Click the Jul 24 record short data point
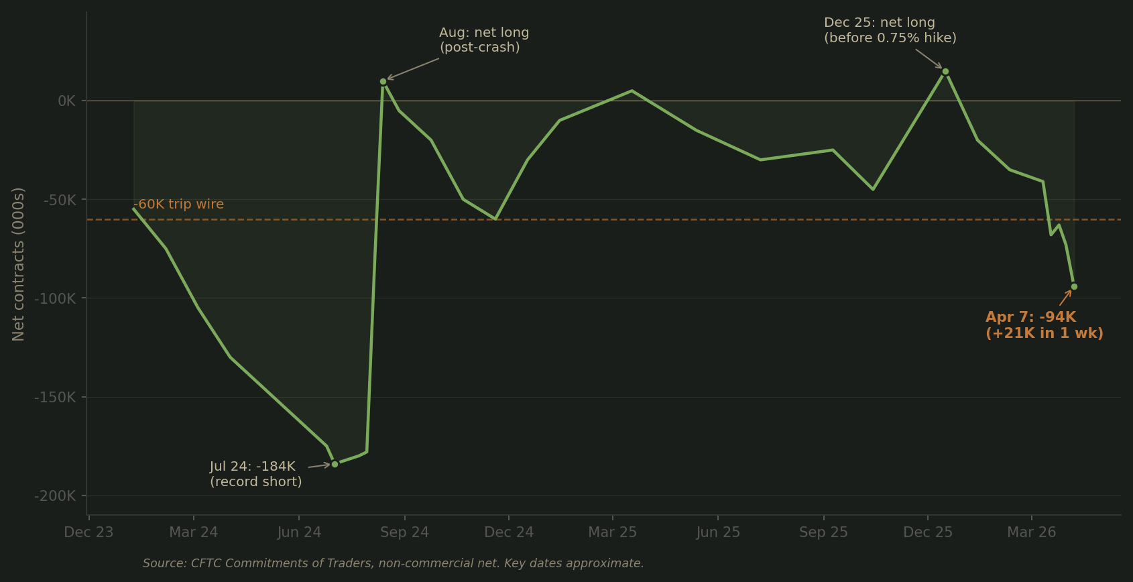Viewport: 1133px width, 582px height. [x=335, y=464]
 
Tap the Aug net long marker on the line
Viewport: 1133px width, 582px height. [x=383, y=82]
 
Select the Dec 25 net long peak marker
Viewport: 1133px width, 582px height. [x=945, y=72]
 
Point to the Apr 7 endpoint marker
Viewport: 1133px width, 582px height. [x=1074, y=287]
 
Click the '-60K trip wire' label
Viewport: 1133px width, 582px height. [x=179, y=205]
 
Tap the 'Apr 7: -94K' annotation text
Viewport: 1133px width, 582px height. [x=1030, y=317]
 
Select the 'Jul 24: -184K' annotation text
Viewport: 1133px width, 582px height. [x=252, y=467]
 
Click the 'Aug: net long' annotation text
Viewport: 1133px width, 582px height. [x=484, y=33]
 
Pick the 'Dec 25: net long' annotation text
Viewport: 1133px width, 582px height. [x=879, y=23]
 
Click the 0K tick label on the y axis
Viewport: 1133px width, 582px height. [x=67, y=101]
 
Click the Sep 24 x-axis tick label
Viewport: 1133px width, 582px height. [x=404, y=532]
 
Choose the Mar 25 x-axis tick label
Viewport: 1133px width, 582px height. [x=612, y=532]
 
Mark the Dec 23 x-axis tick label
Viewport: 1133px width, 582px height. [x=88, y=532]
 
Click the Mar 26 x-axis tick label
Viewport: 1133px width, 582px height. [x=1031, y=532]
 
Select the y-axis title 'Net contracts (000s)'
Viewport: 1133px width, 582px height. [x=18, y=264]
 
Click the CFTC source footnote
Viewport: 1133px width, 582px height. [x=393, y=563]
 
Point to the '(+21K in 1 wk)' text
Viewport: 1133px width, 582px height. [x=1044, y=333]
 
